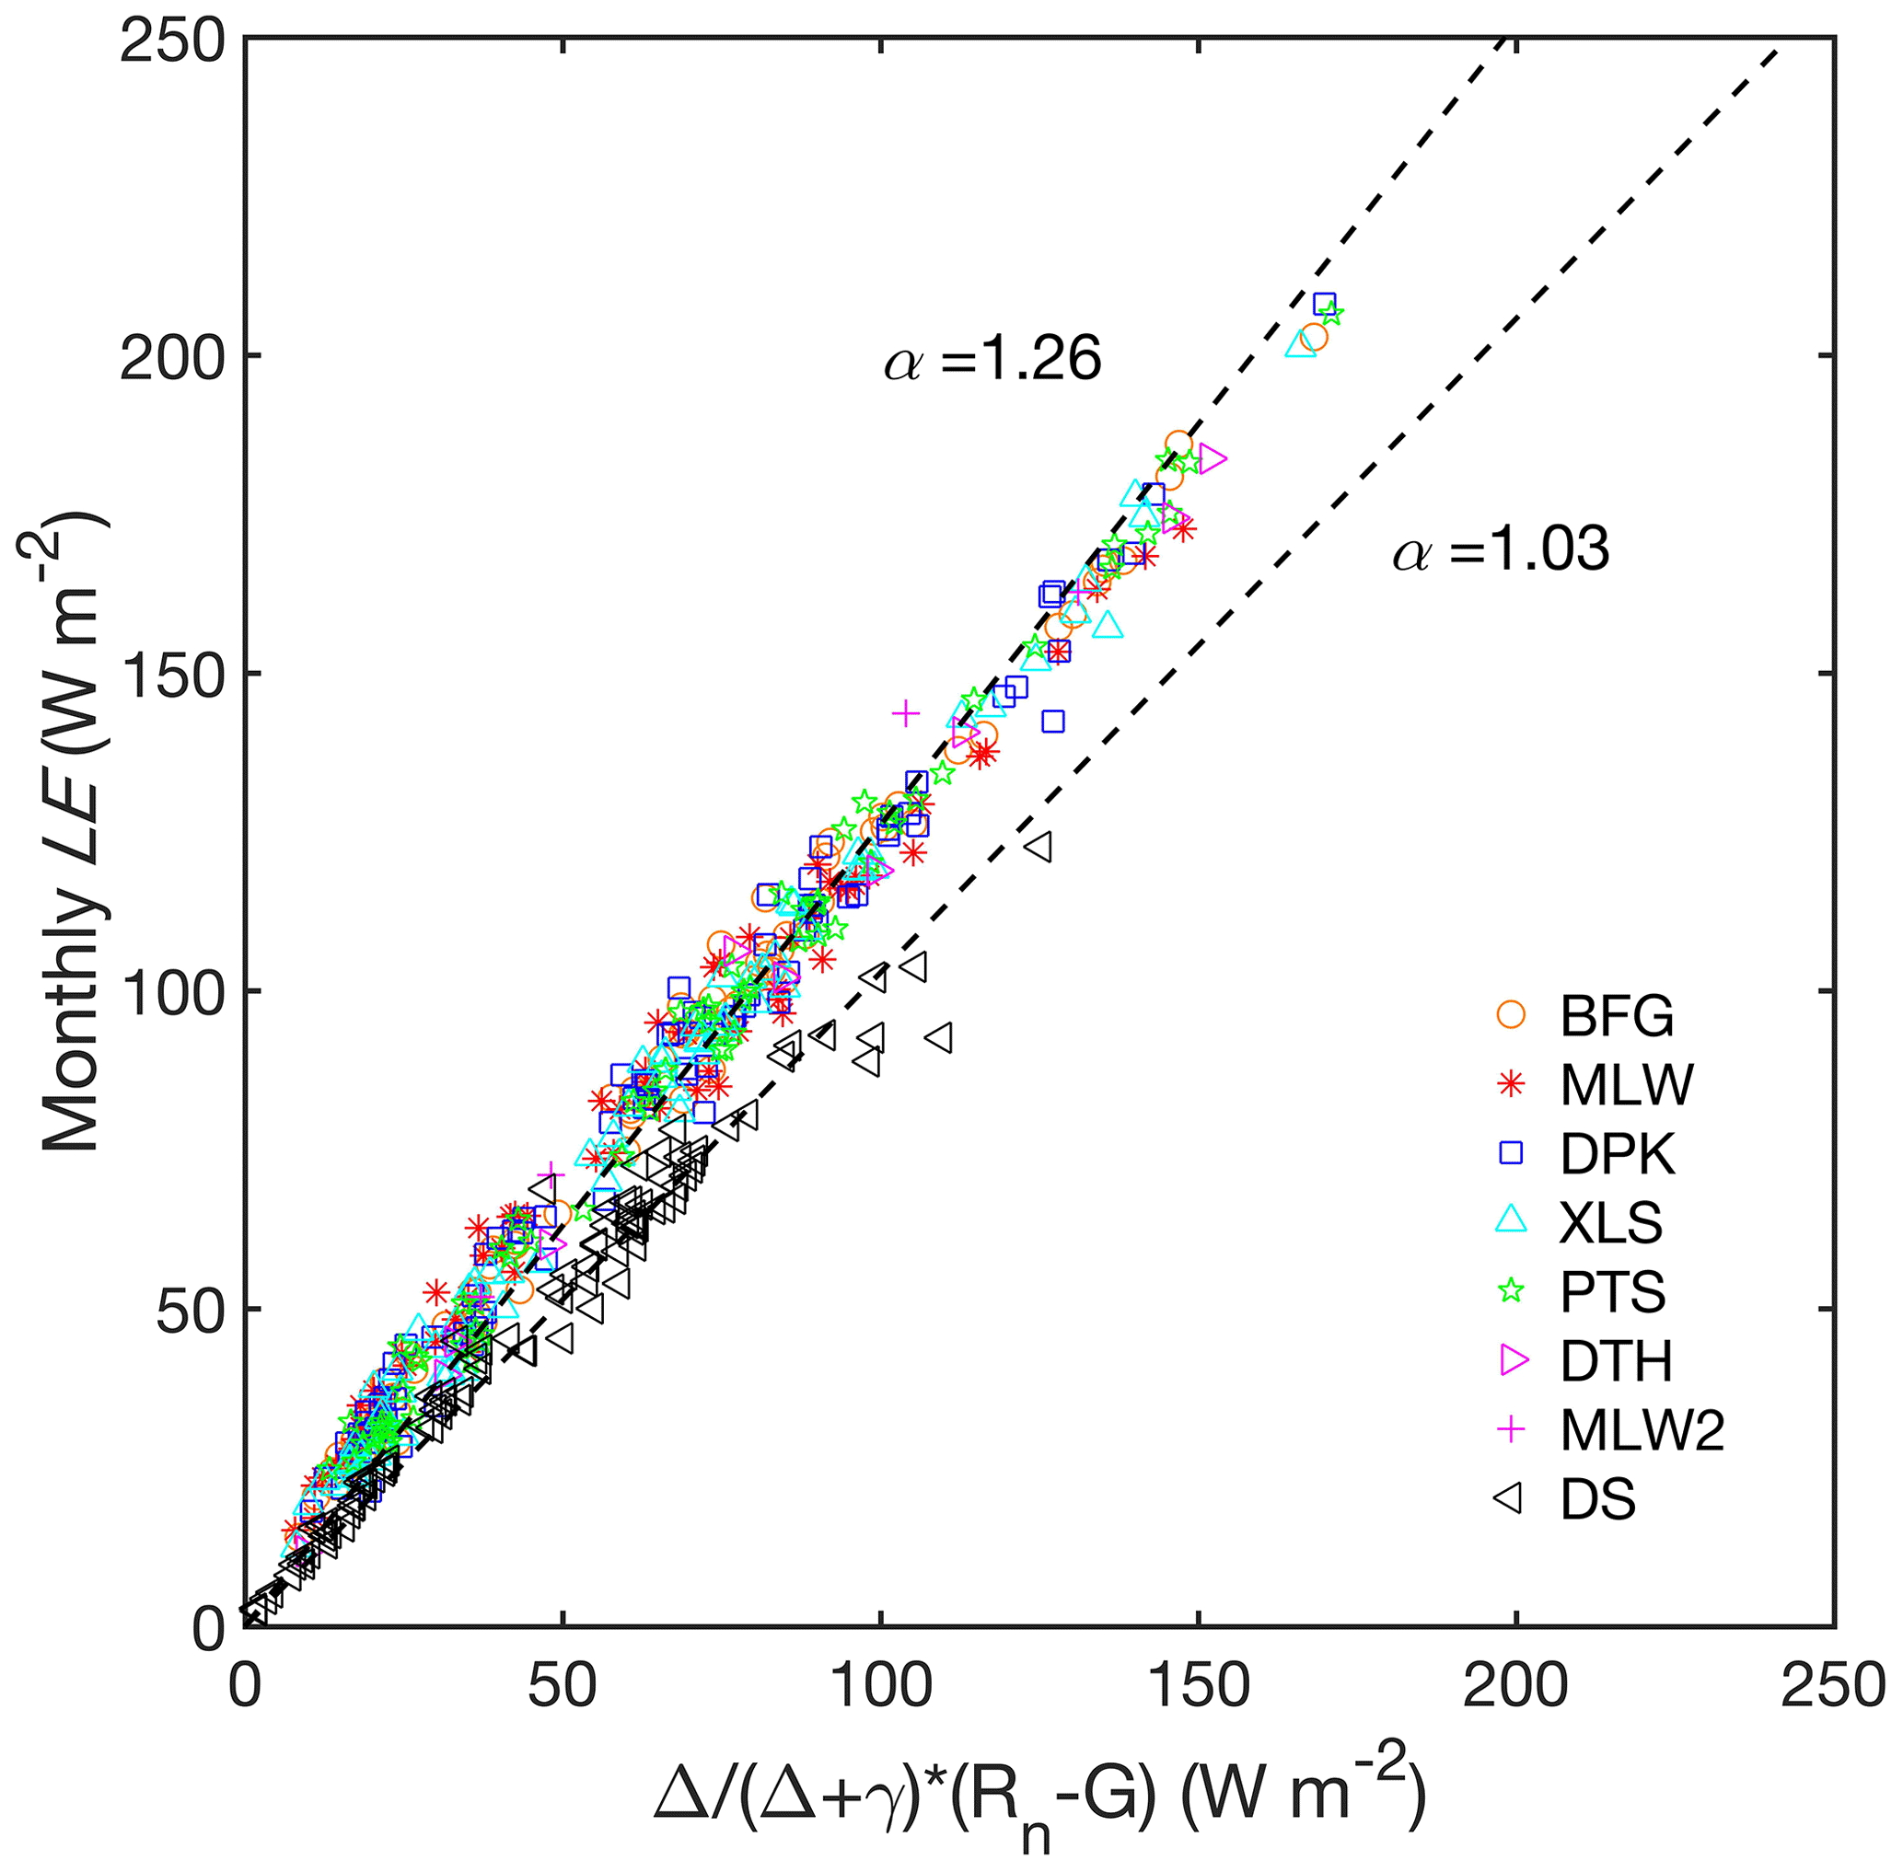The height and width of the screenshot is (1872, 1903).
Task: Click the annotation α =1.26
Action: click(992, 361)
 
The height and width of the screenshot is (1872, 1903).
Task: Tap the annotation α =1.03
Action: click(1501, 550)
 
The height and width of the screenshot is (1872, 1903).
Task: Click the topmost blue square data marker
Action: click(1324, 304)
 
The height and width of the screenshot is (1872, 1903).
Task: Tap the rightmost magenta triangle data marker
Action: click(1213, 459)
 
